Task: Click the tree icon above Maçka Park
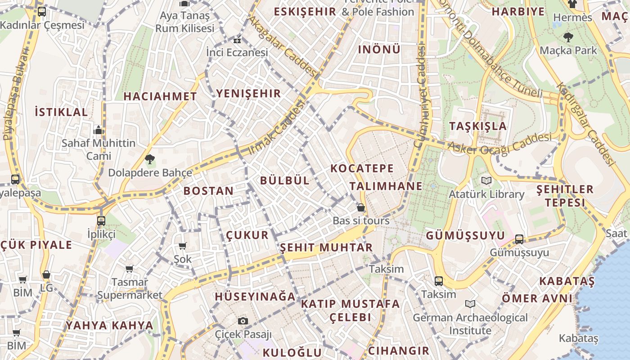568,37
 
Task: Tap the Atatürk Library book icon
486,181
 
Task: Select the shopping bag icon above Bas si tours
360,207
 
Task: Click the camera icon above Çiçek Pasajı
243,321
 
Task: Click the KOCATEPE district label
362,169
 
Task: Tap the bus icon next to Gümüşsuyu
519,239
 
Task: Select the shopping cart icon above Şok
183,246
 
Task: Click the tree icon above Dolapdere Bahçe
150,158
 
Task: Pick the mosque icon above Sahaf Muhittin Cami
99,130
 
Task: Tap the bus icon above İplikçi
101,220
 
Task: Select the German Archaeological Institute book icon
470,304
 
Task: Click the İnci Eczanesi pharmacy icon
237,40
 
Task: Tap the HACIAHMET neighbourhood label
160,96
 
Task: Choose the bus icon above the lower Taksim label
438,281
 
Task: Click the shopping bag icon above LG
46,274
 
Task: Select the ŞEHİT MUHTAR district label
326,247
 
